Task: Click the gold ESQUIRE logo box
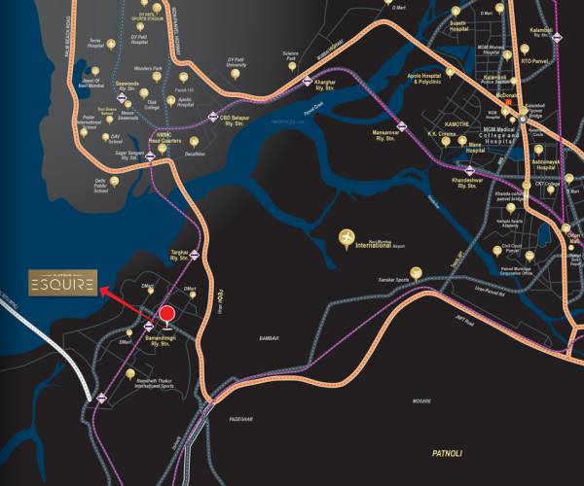62,284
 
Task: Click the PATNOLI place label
451,452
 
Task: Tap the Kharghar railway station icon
309,83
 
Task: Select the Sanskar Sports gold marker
416,272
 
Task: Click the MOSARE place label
421,399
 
